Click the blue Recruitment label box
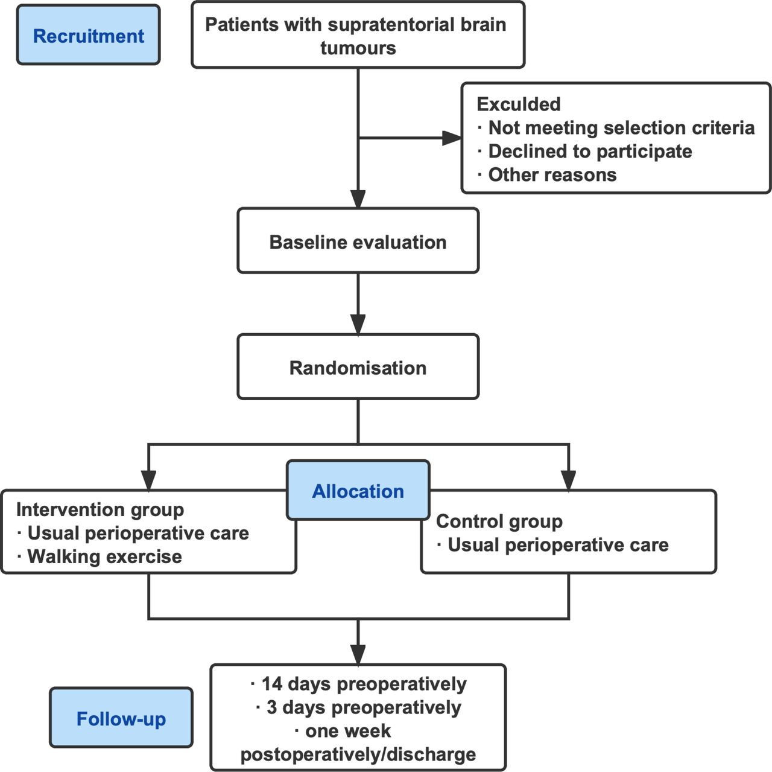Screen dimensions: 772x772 coord(89,35)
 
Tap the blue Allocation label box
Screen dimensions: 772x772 coord(358,490)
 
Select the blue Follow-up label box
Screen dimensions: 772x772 coord(121,718)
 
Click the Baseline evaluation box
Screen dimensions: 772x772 coord(358,241)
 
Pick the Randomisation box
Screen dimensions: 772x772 coord(358,366)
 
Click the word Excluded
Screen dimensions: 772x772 coord(519,104)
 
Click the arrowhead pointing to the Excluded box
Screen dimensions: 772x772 coord(452,138)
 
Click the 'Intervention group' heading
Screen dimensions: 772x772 coord(100,510)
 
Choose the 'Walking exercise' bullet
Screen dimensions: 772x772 coord(100,557)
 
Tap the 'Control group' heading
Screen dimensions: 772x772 coord(499,522)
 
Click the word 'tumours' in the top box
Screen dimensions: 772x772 coord(358,48)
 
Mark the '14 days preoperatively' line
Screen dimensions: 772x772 coord(359,684)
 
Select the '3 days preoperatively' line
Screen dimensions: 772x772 coord(359,707)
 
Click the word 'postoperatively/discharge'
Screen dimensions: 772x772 coord(358,754)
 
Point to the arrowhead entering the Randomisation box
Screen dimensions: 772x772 coord(358,324)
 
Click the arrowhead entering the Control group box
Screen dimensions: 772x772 coord(569,480)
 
